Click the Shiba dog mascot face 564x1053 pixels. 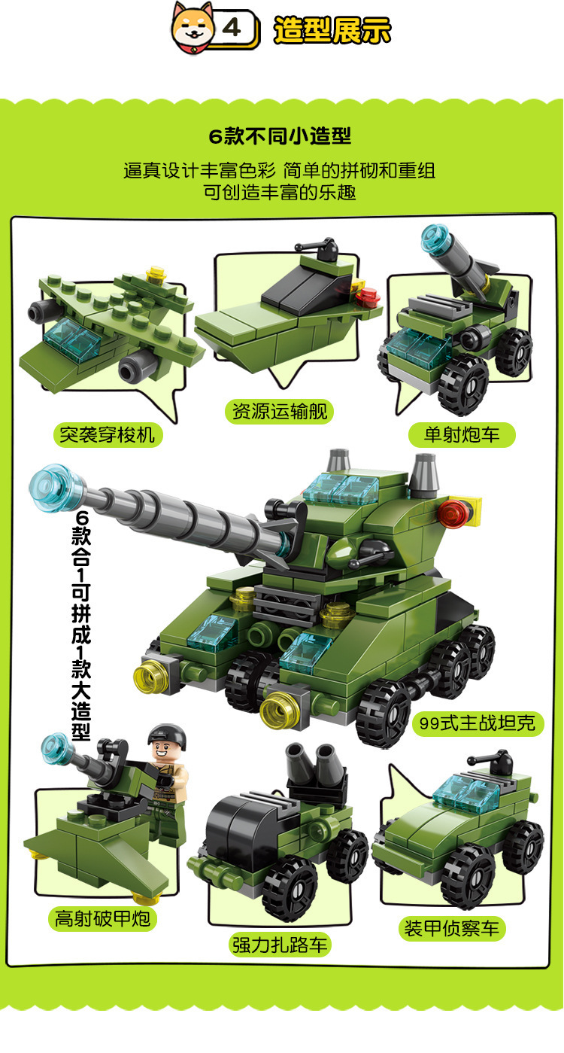193,27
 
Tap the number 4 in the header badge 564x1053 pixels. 232,28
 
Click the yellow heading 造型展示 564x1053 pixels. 332,29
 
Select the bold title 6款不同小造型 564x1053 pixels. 280,136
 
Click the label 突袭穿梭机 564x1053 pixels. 108,434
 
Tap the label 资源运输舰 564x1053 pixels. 280,411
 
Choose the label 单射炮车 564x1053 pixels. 462,434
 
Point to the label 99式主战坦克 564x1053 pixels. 478,723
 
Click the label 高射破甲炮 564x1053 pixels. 102,918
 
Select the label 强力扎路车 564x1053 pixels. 280,945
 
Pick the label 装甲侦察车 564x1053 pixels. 452,928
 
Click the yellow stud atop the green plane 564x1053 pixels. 156,275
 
